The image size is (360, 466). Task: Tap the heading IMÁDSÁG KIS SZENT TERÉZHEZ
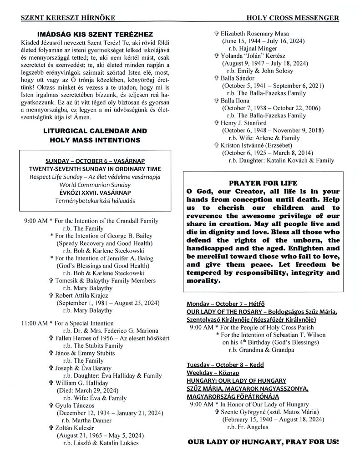[x=95, y=35]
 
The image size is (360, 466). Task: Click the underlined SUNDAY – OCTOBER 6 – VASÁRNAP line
[x=95, y=162]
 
